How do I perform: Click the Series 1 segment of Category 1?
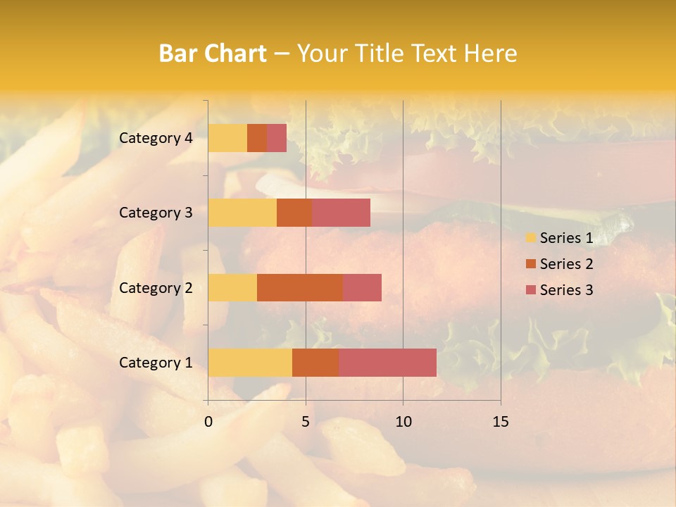(x=250, y=362)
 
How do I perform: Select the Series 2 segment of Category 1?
(x=315, y=362)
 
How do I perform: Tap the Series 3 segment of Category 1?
(x=387, y=362)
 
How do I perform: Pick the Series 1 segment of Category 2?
(x=232, y=287)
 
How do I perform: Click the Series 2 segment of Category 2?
(x=300, y=287)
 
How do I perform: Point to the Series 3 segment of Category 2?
(x=362, y=287)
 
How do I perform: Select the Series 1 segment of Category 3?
(x=242, y=213)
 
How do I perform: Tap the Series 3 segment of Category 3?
(x=341, y=213)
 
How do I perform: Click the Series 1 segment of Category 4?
(x=227, y=138)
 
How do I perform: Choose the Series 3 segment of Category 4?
(x=277, y=138)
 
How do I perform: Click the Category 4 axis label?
(x=156, y=138)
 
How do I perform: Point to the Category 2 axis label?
(x=156, y=287)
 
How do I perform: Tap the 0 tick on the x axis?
(x=208, y=422)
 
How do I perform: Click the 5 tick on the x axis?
(x=306, y=422)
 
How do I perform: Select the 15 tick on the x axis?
(x=500, y=422)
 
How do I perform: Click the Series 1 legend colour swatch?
(x=530, y=238)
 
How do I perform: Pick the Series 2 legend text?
(x=566, y=264)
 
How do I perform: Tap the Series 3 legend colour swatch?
(x=530, y=290)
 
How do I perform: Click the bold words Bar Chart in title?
(x=213, y=54)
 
